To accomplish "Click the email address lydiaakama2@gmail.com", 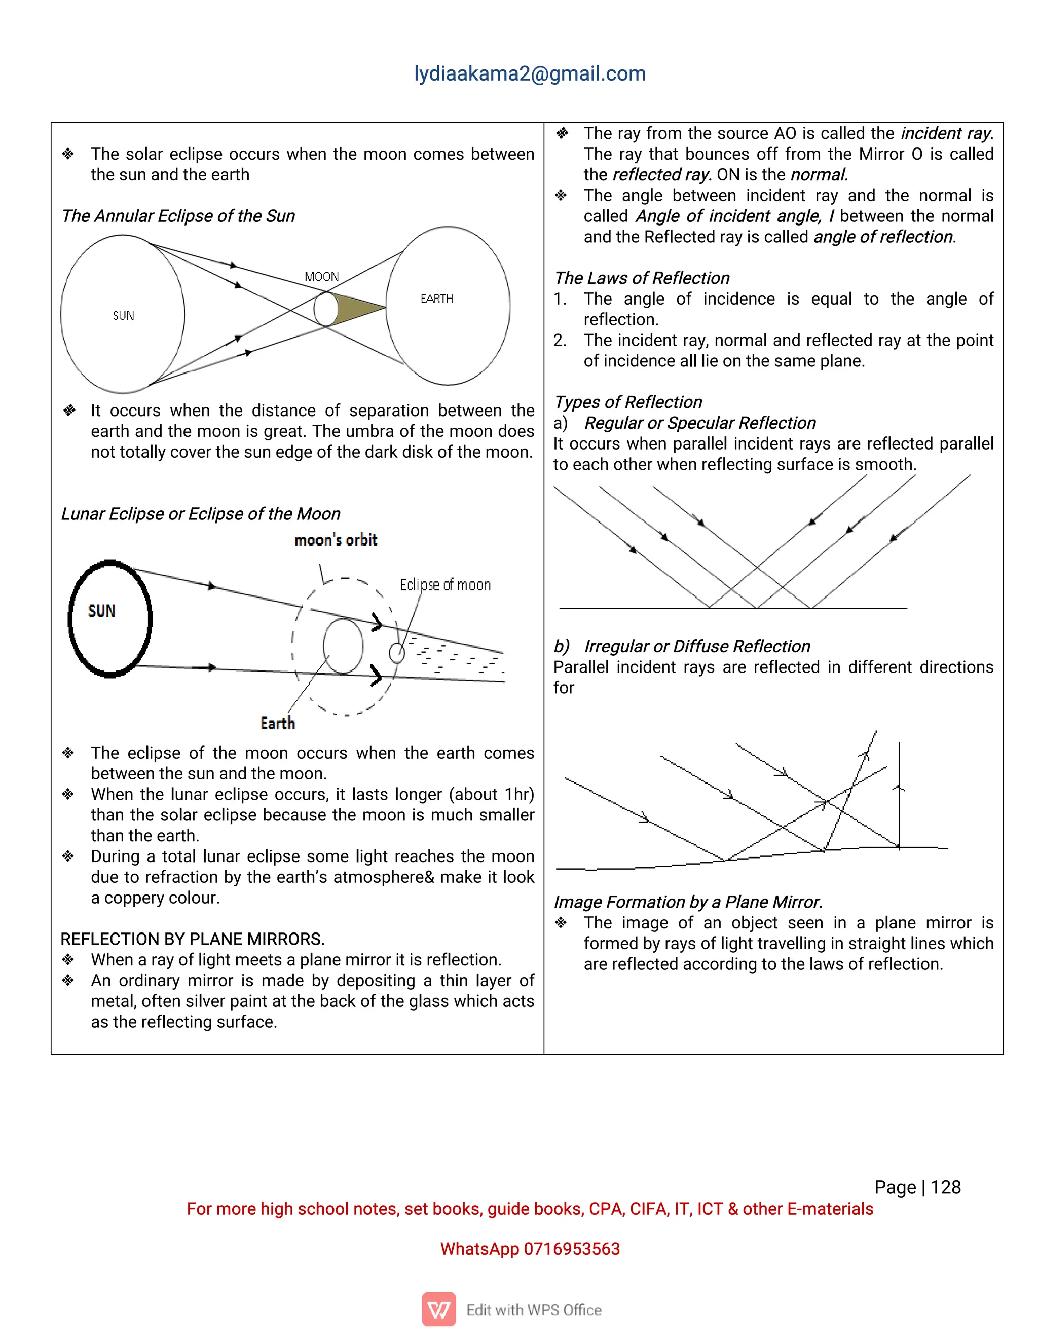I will click(x=530, y=74).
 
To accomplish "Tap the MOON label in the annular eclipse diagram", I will click(x=322, y=277).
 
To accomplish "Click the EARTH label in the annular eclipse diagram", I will click(x=436, y=299).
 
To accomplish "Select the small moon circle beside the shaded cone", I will click(x=326, y=309).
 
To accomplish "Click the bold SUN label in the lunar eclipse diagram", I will click(x=102, y=611).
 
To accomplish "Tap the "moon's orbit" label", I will click(x=336, y=540).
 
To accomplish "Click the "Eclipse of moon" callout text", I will click(x=445, y=585).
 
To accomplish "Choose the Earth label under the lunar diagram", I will click(x=277, y=723).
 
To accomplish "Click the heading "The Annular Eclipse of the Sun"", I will click(x=178, y=216).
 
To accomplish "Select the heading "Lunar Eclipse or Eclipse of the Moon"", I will click(x=201, y=513).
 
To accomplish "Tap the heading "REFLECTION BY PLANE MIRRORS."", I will click(x=193, y=939).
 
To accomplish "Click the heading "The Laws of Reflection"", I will click(x=641, y=278).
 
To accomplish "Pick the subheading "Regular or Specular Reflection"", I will click(x=700, y=423).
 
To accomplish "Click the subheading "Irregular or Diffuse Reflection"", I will click(x=697, y=646).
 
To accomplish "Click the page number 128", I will click(x=945, y=1187).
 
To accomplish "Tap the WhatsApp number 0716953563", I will click(x=571, y=1249).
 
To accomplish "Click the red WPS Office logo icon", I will click(x=438, y=1309).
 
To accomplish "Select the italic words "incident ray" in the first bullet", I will click(x=946, y=133).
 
